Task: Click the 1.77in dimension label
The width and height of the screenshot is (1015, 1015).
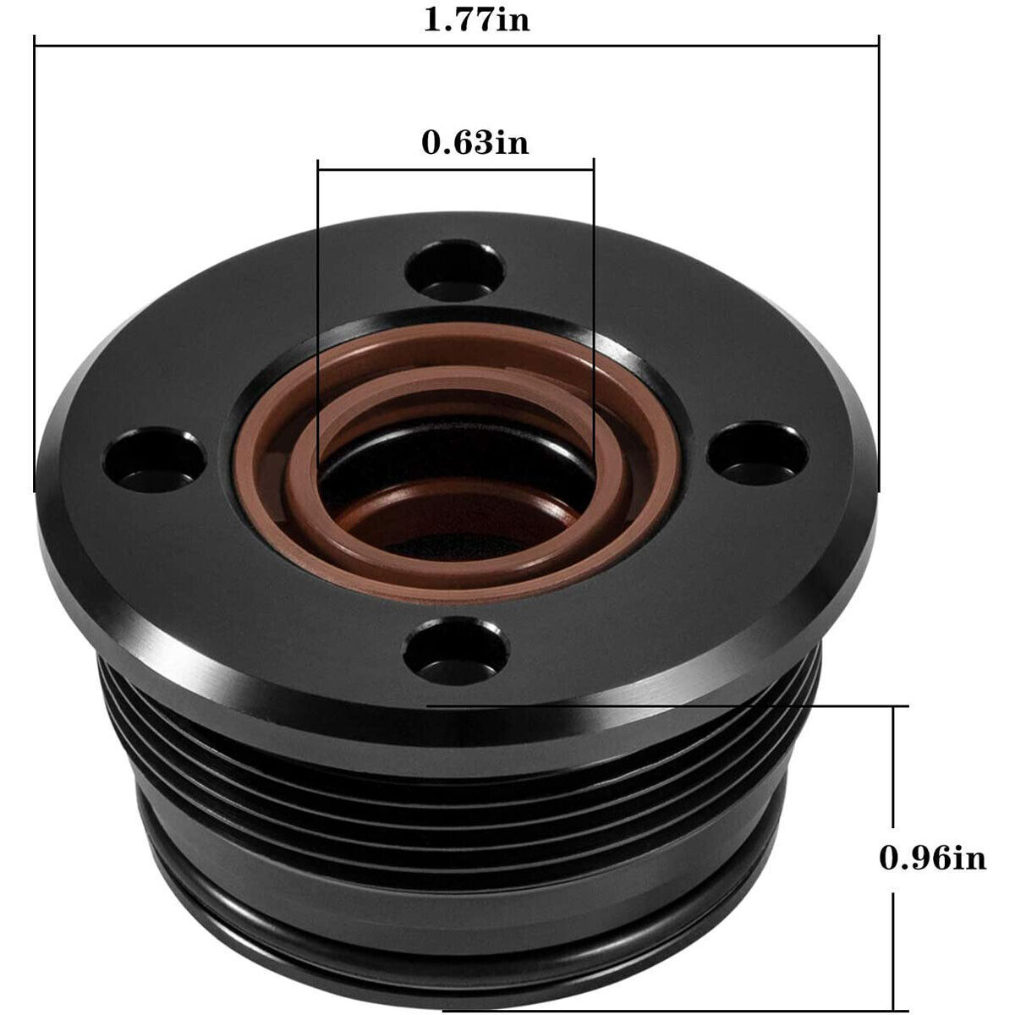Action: pos(476,19)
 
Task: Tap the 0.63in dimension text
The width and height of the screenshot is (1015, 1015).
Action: pos(475,141)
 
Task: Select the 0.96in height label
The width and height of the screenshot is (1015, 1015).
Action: pos(933,859)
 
